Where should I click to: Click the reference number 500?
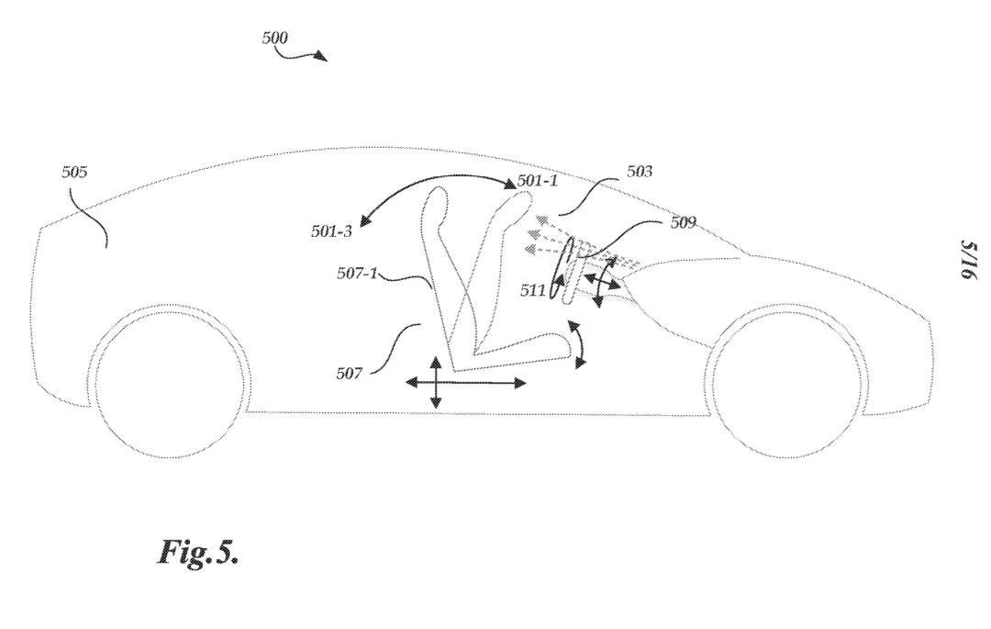274,39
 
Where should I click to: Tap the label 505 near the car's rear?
75,172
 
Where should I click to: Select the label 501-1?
537,181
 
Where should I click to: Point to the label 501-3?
331,231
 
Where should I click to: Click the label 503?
640,172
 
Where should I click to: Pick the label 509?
682,222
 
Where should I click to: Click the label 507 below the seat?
349,373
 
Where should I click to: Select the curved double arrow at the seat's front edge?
578,344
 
